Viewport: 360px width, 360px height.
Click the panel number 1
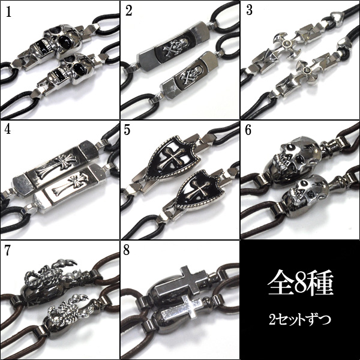coord(8,12)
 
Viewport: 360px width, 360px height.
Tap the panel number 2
coord(129,11)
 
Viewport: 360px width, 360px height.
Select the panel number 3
coord(249,10)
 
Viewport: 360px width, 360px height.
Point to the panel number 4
coord(8,130)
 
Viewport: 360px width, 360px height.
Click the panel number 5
coord(127,130)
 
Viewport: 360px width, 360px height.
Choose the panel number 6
coord(248,130)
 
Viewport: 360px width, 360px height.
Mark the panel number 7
coord(8,250)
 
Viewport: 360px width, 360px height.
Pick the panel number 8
coord(127,250)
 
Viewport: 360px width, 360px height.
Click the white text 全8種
coord(300,283)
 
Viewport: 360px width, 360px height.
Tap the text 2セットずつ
coord(300,319)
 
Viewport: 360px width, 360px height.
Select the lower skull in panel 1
coord(73,70)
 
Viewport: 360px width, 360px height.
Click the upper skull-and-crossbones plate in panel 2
coord(174,47)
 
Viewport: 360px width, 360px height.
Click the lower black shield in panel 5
coord(197,190)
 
